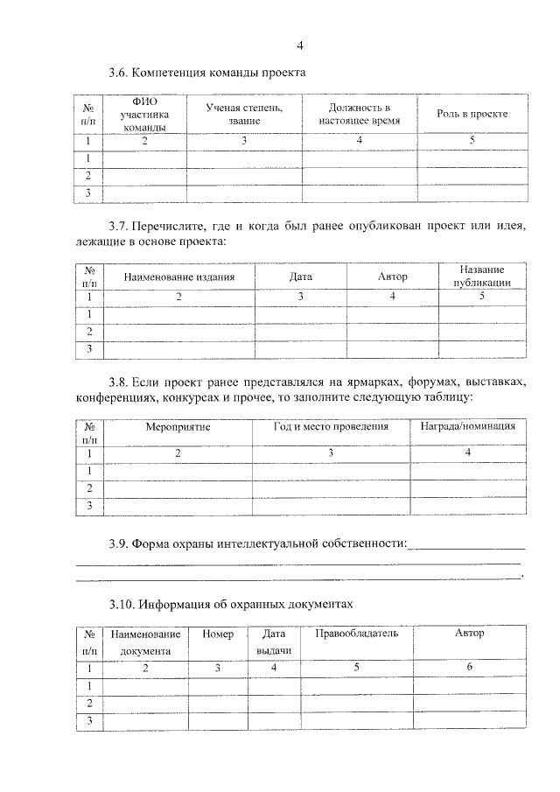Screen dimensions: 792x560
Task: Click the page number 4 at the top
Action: tap(300, 45)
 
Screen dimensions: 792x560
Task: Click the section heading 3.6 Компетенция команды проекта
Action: tap(206, 73)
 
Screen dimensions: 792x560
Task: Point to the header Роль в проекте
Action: tap(472, 114)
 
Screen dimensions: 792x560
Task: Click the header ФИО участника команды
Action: tap(144, 114)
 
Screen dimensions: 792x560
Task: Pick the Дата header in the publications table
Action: tap(300, 277)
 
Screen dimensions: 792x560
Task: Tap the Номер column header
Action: tap(217, 634)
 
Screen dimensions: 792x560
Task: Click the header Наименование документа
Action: tap(145, 642)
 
